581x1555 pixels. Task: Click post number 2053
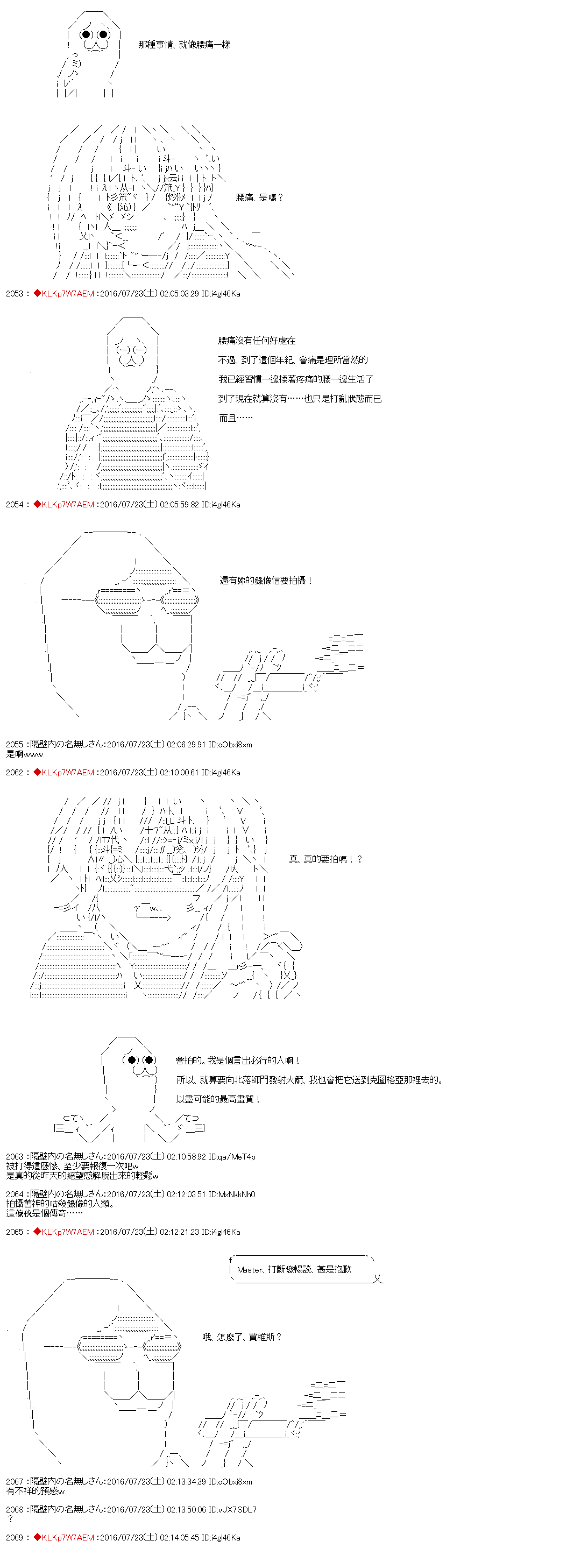click(x=14, y=293)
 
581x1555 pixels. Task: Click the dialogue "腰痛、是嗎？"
click(x=259, y=197)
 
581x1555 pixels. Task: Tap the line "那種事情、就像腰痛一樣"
click(x=184, y=45)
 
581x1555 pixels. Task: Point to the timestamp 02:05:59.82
click(x=179, y=504)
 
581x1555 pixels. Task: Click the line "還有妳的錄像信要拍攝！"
click(x=265, y=580)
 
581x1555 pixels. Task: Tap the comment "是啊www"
click(x=25, y=754)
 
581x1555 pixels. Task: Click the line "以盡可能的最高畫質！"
click(x=218, y=1099)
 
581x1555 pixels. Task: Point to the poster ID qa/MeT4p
click(x=232, y=1157)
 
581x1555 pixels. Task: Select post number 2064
click(x=14, y=1194)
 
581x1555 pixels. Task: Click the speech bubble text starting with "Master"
click(x=294, y=1269)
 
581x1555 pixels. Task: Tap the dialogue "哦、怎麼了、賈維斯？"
click(x=242, y=1337)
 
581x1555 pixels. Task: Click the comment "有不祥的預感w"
click(x=35, y=1491)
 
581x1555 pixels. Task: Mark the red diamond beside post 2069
click(x=37, y=1537)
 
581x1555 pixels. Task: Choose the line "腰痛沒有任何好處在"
click(x=257, y=341)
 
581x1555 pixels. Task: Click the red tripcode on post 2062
click(x=68, y=772)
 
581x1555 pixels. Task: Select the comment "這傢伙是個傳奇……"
click(x=44, y=1213)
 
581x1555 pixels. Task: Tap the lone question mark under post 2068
click(x=10, y=1519)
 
